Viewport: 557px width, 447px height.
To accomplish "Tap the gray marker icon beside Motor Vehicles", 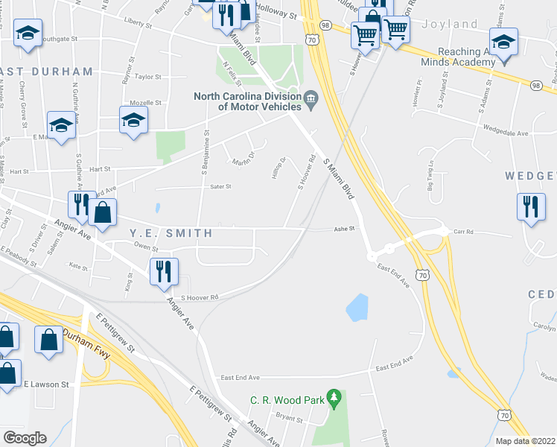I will point(311,97).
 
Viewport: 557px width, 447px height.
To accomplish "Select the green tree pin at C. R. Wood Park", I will point(334,399).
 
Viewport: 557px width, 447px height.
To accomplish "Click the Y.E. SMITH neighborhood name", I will point(171,233).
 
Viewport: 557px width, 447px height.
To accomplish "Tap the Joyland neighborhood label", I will point(450,24).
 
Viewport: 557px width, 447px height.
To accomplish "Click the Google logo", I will point(25,437).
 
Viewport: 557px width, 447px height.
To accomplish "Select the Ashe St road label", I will point(346,229).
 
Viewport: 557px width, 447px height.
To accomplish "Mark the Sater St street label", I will point(221,187).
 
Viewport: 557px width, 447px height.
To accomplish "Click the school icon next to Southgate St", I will point(28,34).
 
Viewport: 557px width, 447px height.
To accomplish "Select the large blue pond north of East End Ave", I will point(357,307).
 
